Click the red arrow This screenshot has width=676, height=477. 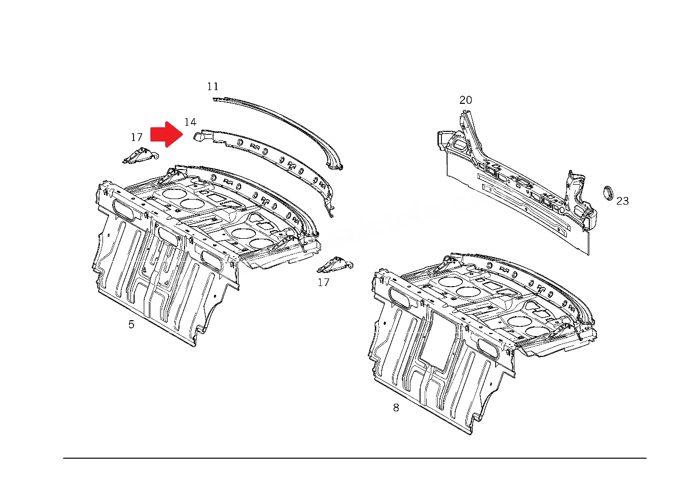click(x=167, y=134)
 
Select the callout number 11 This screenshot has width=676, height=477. click(x=213, y=87)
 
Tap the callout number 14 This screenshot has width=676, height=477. click(x=190, y=122)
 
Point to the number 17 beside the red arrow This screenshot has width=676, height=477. click(x=137, y=137)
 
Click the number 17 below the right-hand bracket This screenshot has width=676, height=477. click(x=324, y=283)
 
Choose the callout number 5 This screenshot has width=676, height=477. click(x=132, y=324)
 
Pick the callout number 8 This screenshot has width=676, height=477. click(x=396, y=408)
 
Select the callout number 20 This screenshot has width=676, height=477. click(x=465, y=100)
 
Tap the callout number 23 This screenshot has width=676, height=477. click(x=622, y=201)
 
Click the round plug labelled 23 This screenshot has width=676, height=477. click(x=608, y=193)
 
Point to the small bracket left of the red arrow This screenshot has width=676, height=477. click(x=141, y=156)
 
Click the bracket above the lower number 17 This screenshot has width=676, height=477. click(x=335, y=265)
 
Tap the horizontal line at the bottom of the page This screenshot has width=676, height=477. click(x=355, y=458)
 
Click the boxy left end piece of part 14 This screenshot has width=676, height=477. click(x=199, y=136)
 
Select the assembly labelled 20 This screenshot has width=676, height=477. click(x=516, y=181)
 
